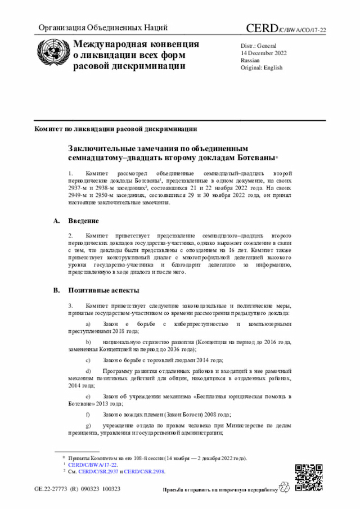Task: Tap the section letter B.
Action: pos(56,291)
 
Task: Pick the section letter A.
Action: pos(56,220)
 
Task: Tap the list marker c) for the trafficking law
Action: pos(88,360)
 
